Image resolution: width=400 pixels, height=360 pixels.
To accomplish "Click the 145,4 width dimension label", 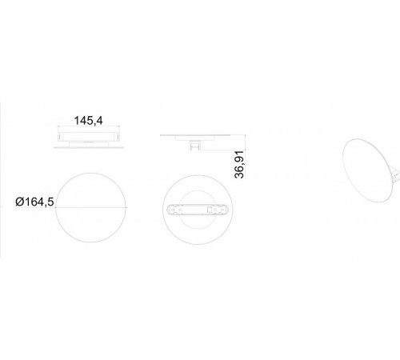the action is point(88,121).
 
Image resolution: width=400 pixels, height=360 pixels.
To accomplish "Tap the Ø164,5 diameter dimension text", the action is point(34,202).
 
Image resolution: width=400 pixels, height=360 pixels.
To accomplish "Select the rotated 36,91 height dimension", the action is point(239,164).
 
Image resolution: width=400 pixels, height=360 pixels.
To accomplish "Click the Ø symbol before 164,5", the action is point(20,202).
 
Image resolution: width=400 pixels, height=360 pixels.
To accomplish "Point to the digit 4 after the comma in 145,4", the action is point(99,121).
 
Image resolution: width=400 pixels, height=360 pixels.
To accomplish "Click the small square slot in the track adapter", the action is point(210,210).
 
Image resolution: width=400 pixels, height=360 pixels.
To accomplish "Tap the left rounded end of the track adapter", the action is point(169,210).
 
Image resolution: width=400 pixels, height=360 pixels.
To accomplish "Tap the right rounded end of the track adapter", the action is point(226,210).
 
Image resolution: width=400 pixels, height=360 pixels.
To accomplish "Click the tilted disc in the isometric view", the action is point(367,170).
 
